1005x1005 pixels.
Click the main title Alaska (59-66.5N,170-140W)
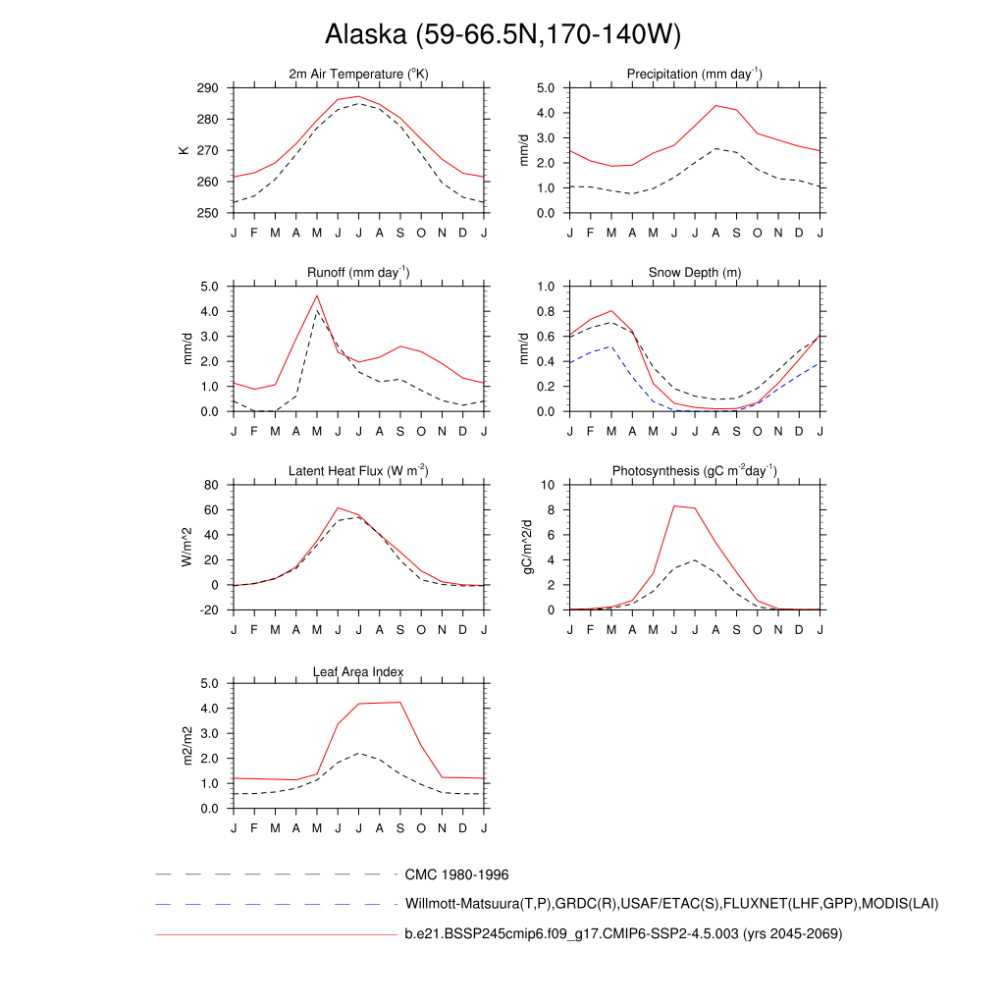502,35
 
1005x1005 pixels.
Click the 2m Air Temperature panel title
358,75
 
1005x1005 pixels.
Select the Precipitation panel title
695,75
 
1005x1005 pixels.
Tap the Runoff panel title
358,273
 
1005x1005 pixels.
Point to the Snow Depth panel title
695,273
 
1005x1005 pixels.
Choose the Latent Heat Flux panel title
358,471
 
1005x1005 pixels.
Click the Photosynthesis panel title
695,471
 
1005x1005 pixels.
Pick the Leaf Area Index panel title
358,671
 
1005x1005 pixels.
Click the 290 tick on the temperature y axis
207,88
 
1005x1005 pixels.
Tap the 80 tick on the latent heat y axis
211,485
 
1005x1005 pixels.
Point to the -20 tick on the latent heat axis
208,609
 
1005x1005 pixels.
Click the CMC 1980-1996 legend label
456,873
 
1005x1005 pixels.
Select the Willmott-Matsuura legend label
672,904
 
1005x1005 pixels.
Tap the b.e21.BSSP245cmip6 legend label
623,934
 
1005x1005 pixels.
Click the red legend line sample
275,934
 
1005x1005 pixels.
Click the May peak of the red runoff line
317,295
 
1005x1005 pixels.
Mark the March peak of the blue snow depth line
611,346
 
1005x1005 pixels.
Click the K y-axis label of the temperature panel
183,150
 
